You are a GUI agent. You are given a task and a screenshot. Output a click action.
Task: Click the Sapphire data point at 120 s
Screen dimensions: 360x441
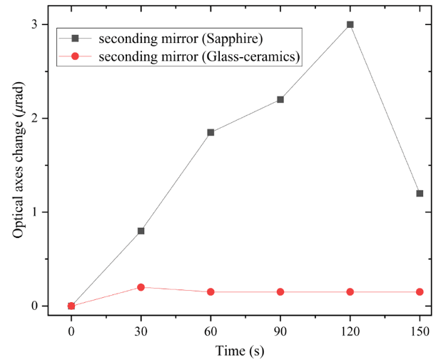pyautogui.click(x=350, y=24)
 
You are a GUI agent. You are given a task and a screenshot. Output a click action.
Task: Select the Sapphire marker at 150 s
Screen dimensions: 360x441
pyautogui.click(x=420, y=194)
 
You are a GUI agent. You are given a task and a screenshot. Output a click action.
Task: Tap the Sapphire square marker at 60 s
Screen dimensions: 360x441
pyautogui.click(x=211, y=132)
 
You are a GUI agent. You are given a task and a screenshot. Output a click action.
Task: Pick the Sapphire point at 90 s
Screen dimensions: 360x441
pyautogui.click(x=280, y=99)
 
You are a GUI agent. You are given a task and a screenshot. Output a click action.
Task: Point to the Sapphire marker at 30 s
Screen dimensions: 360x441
pyautogui.click(x=141, y=231)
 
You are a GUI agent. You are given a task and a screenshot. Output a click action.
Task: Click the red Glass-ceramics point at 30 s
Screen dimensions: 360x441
pyautogui.click(x=141, y=287)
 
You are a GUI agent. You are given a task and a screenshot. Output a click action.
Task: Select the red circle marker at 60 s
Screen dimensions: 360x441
pyautogui.click(x=211, y=292)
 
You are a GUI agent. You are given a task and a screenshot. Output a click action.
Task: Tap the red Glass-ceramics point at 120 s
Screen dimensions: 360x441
pyautogui.click(x=350, y=292)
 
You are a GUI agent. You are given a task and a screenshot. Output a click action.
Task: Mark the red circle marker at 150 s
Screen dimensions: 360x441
pyautogui.click(x=420, y=292)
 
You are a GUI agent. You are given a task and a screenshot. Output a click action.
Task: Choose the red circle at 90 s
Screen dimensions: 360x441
pyautogui.click(x=280, y=292)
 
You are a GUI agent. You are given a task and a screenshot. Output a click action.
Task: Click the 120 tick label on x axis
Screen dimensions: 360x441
pyautogui.click(x=350, y=332)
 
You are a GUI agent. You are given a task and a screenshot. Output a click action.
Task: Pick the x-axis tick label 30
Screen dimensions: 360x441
pyautogui.click(x=141, y=332)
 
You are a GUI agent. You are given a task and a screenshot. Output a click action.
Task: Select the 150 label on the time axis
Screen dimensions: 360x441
pyautogui.click(x=420, y=332)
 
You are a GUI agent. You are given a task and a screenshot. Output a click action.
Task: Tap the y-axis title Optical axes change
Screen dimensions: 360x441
pyautogui.click(x=19, y=171)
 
